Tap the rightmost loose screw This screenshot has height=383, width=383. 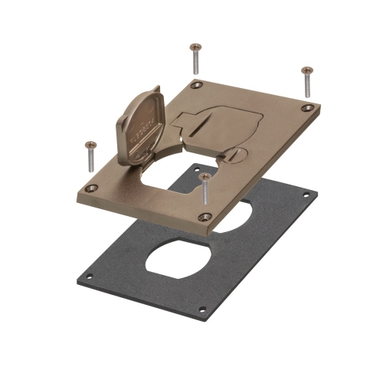click(306, 80)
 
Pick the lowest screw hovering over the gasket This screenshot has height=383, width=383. click(205, 188)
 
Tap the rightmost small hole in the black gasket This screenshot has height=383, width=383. click(306, 195)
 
